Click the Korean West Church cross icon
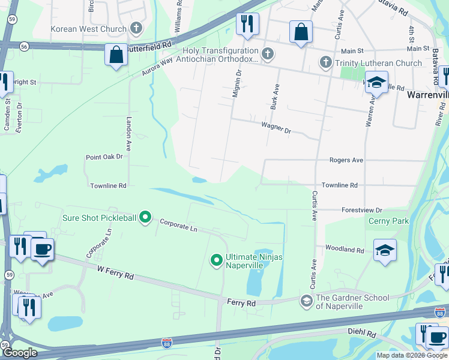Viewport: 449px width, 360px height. point(136,28)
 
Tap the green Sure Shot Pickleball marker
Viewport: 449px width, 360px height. point(145,217)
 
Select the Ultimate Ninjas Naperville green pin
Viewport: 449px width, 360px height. point(217,260)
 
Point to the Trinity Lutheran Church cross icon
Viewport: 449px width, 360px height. point(325,62)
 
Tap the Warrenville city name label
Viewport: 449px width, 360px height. point(427,95)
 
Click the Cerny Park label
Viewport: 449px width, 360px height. point(388,221)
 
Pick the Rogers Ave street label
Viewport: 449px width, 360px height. point(346,160)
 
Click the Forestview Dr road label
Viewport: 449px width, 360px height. point(362,210)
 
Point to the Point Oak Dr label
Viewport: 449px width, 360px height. point(104,157)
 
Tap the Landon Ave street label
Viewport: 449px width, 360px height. point(128,133)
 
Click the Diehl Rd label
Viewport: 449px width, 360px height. point(361,332)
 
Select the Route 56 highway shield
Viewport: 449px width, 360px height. point(23,46)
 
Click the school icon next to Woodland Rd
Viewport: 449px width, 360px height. point(384,250)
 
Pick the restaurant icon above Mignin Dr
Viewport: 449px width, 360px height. point(247,24)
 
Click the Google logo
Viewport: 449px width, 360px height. point(20,353)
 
